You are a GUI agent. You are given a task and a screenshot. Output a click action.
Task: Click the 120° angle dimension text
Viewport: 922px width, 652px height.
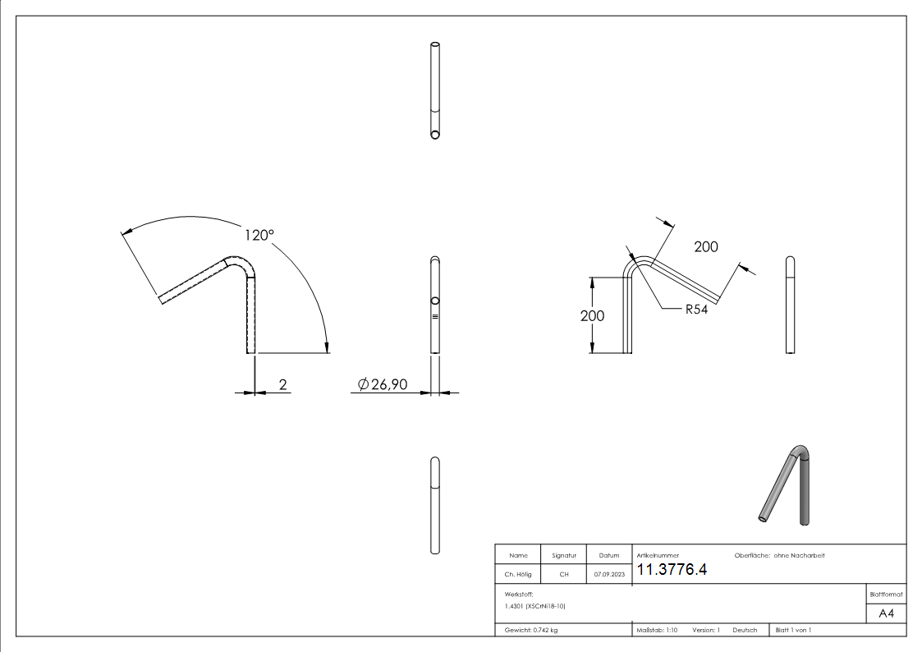[x=259, y=235]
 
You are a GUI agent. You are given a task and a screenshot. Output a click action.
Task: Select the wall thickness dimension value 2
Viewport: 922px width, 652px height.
[x=283, y=383]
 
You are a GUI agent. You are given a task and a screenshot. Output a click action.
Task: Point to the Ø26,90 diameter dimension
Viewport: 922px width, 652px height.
[x=383, y=383]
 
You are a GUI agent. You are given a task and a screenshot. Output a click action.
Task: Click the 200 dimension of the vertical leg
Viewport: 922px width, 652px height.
[x=592, y=316]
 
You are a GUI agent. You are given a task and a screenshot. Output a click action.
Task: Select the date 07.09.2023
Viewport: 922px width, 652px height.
[x=608, y=575]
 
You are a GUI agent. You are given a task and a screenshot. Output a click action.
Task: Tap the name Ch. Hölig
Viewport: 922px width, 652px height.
[x=518, y=575]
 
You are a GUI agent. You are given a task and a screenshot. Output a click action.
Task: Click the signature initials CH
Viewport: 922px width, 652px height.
[x=563, y=575]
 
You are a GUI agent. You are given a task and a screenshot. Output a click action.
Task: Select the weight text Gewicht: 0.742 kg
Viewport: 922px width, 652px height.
[x=531, y=630]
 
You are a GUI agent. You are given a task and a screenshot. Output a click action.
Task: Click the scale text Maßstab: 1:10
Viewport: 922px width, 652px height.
[x=657, y=630]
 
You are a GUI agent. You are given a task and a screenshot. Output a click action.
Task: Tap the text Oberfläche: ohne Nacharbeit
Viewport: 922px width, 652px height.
[x=773, y=556]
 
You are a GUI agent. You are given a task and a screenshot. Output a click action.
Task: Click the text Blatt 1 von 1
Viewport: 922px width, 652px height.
[x=792, y=630]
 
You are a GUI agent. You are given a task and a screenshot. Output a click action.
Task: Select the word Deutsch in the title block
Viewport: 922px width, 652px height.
[x=744, y=630]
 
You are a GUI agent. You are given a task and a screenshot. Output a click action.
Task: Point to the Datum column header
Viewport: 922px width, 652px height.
[x=608, y=556]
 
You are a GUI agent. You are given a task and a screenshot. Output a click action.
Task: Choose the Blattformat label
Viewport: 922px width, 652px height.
[x=886, y=593]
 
